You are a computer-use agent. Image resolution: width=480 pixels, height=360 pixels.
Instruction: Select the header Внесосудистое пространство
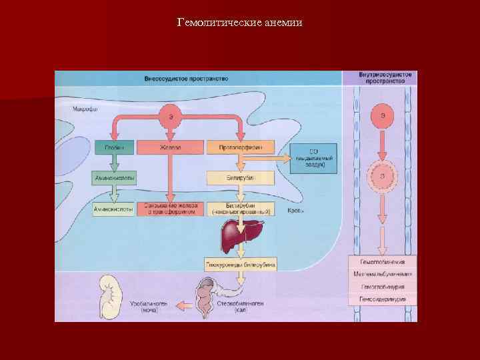(x=186, y=79)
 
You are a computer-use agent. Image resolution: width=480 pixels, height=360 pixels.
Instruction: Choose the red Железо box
(x=171, y=147)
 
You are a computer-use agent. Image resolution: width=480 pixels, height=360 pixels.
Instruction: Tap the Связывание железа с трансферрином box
(x=171, y=209)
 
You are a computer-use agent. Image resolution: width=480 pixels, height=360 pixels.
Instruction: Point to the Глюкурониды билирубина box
(x=239, y=265)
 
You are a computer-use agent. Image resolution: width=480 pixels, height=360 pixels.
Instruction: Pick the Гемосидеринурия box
(x=383, y=299)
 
